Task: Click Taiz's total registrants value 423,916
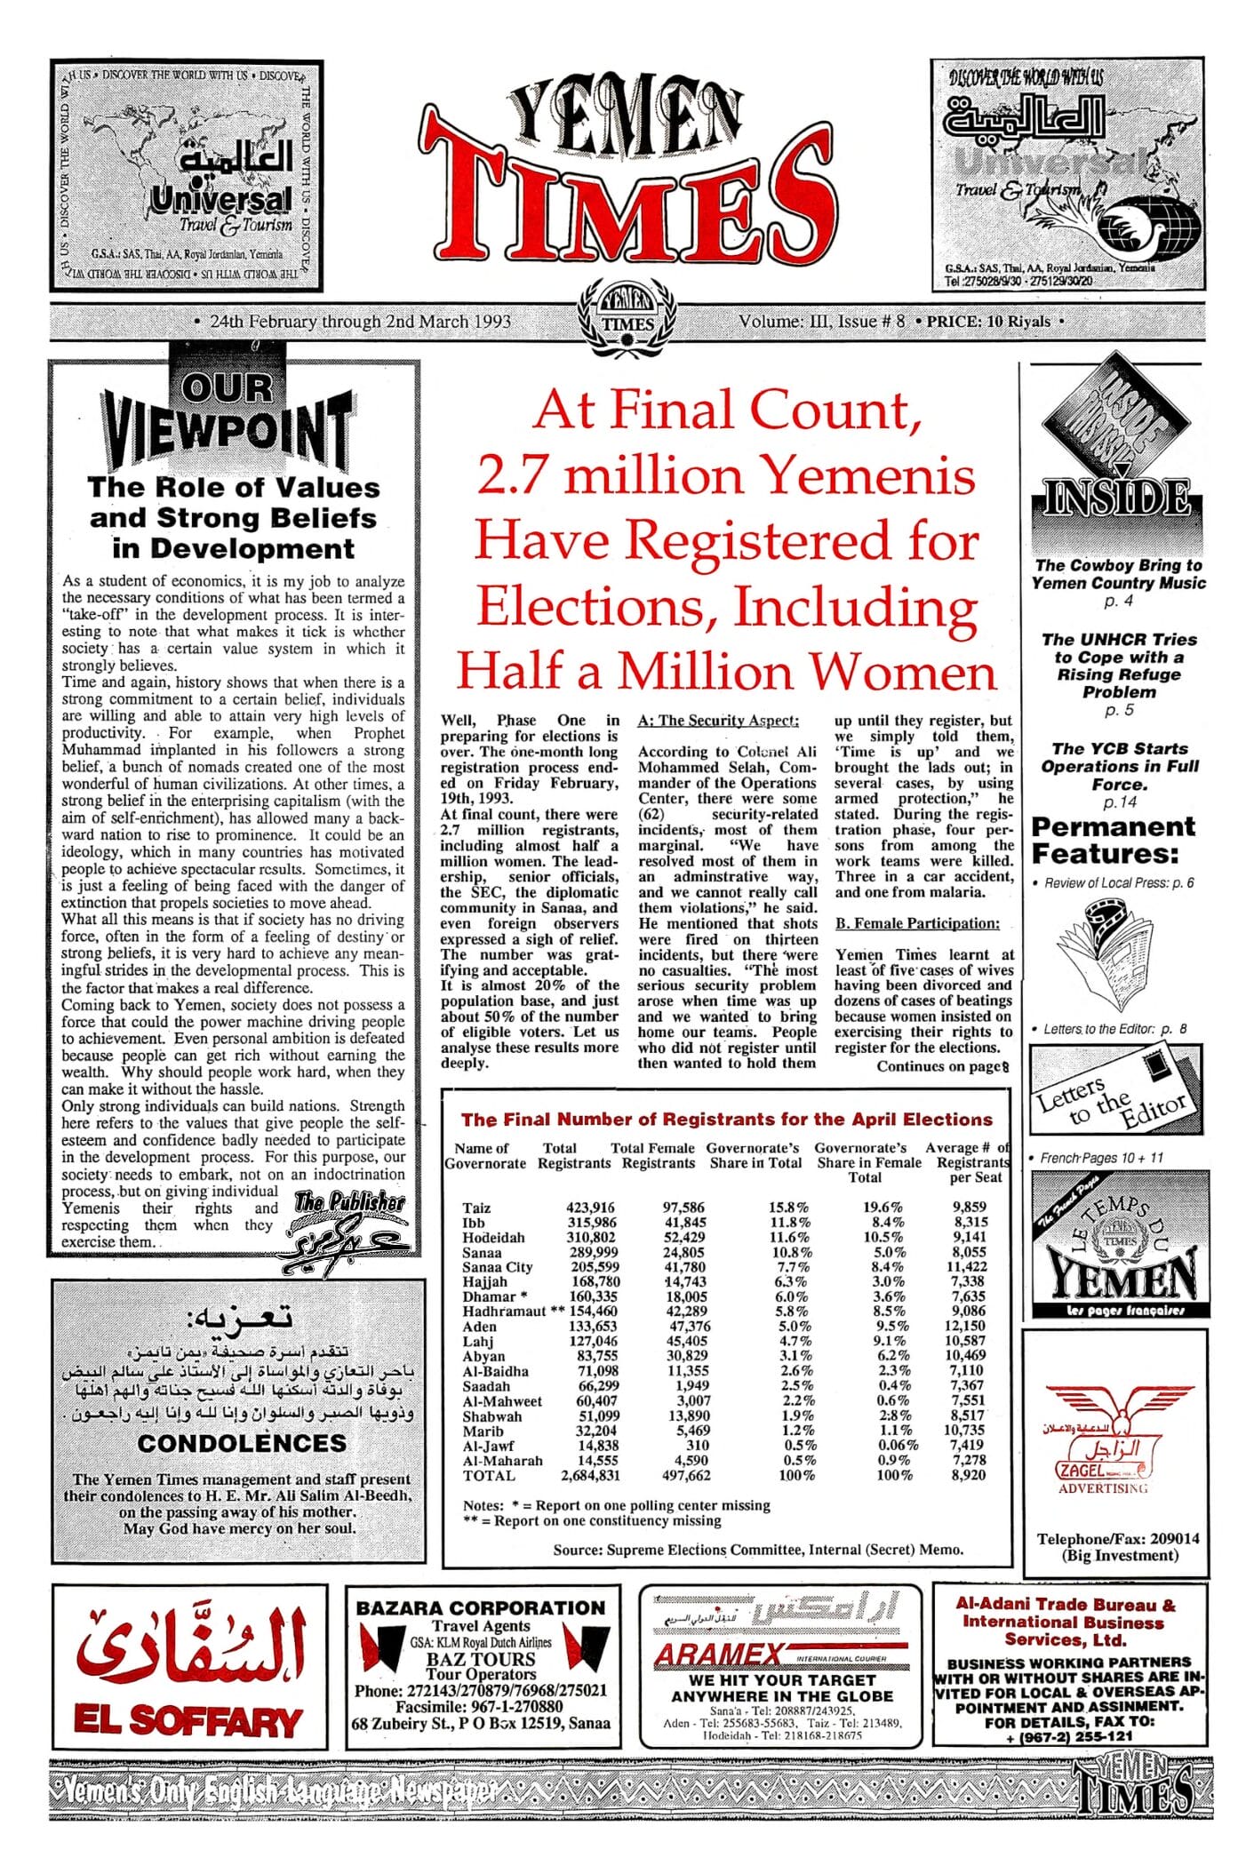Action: [590, 1208]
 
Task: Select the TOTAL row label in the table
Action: [488, 1476]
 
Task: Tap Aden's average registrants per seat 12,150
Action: [965, 1326]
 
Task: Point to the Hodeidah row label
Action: [493, 1237]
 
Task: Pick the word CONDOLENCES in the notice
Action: [242, 1443]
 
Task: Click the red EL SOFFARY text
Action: [188, 1721]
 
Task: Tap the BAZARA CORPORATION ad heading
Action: [480, 1607]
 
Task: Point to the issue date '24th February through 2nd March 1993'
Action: [361, 322]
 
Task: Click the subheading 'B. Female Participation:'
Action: [916, 923]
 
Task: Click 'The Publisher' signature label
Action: [349, 1202]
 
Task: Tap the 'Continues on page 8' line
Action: [943, 1066]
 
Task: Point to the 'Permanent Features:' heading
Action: [1113, 840]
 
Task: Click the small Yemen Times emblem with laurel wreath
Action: [627, 317]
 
